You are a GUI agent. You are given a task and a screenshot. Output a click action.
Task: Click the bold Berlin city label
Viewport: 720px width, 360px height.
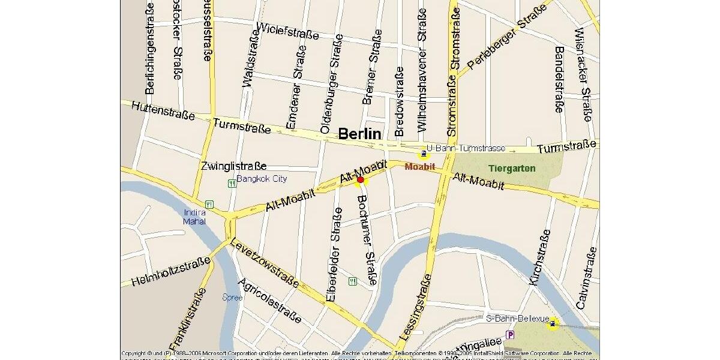click(x=359, y=133)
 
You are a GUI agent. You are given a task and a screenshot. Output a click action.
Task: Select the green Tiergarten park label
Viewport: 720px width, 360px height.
click(x=511, y=169)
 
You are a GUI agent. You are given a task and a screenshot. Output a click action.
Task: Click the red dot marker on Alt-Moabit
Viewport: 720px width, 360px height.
click(x=360, y=179)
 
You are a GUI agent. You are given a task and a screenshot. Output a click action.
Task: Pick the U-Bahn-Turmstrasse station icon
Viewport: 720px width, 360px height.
click(x=424, y=154)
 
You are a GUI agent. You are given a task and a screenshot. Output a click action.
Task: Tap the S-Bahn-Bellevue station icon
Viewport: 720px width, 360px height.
click(x=552, y=324)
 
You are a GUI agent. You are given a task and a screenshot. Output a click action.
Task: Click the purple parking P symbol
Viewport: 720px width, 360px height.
click(x=510, y=335)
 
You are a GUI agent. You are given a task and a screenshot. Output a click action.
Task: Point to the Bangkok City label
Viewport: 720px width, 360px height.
click(x=262, y=179)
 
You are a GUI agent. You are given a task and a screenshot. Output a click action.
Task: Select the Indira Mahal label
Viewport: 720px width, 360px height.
click(x=194, y=217)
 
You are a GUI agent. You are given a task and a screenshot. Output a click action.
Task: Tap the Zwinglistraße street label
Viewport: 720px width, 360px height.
click(x=233, y=166)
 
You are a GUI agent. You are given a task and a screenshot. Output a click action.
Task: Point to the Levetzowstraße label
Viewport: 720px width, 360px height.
click(x=264, y=265)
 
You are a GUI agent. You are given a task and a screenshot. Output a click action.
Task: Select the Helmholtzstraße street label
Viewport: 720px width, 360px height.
click(x=172, y=271)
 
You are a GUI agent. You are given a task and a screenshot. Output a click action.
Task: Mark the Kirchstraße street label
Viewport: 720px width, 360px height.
click(x=538, y=256)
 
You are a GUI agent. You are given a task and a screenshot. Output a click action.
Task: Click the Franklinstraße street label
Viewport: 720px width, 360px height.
click(x=187, y=319)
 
